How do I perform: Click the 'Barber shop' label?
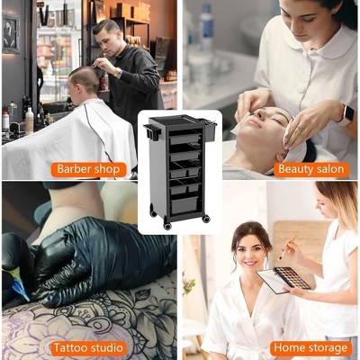88,169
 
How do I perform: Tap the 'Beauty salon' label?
310,169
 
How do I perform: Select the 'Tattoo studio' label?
88,346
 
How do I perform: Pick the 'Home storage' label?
310,346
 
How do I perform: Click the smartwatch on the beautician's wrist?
347,114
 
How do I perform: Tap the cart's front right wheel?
206,218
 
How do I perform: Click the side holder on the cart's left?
146,132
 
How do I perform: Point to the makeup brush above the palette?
286,249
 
